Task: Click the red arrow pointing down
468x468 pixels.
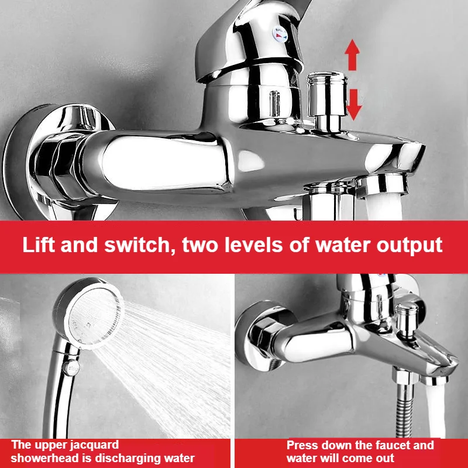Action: [354, 102]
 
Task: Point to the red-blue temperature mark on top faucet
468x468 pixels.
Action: [280, 36]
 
